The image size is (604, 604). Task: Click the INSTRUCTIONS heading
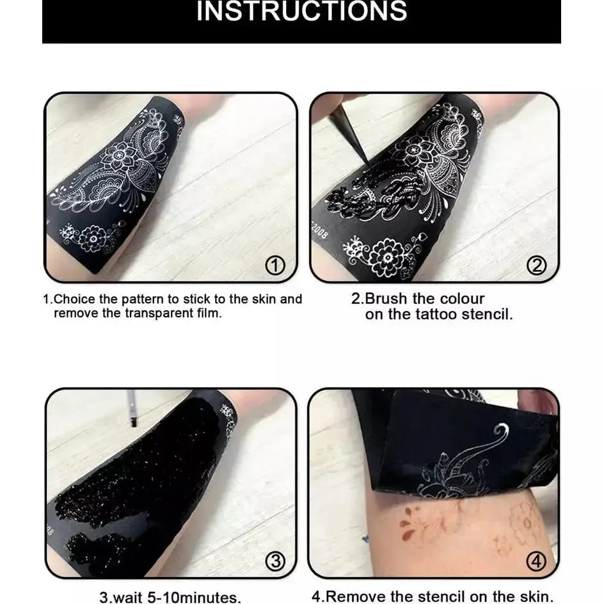(301, 12)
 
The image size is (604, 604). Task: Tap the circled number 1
(274, 265)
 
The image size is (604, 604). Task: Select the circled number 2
(536, 265)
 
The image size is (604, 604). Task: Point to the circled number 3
(274, 562)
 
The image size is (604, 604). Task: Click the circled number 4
(536, 562)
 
